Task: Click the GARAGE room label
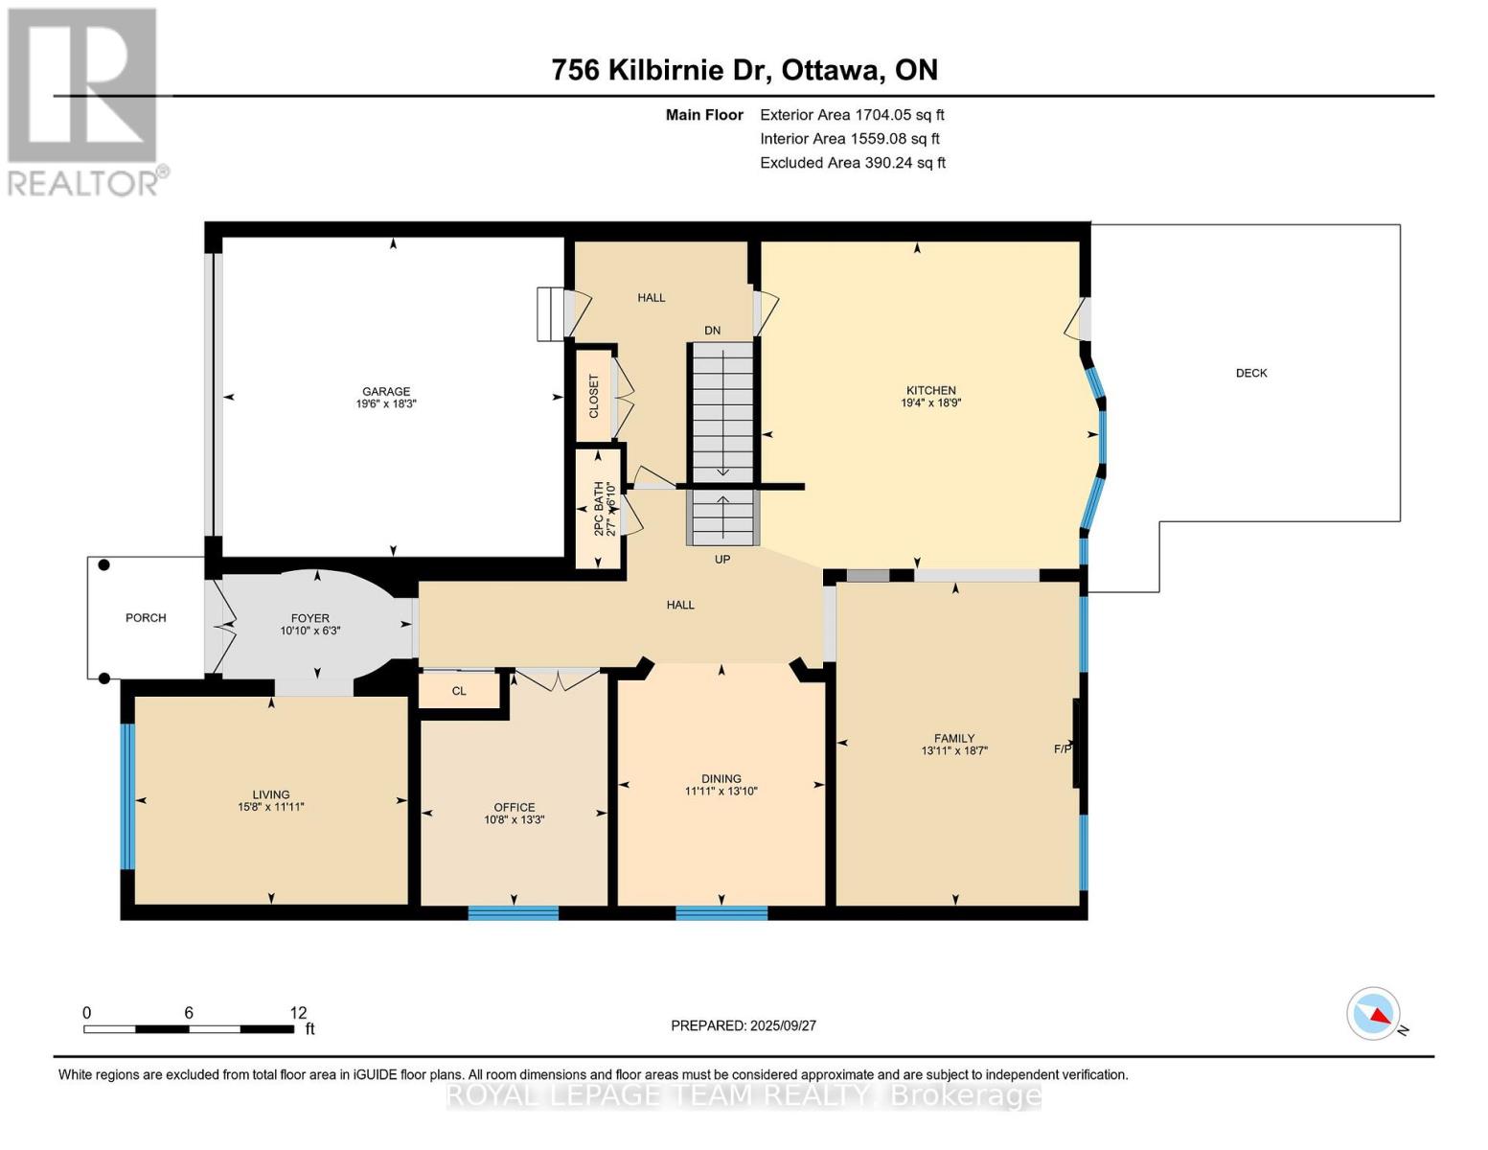pos(386,392)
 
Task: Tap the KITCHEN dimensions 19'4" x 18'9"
pos(930,403)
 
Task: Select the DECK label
pos(1251,373)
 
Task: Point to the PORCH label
pos(146,618)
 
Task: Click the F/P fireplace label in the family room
pos(1062,749)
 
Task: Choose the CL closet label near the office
pos(459,691)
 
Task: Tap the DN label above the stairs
pos(712,330)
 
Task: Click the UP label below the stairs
pos(722,559)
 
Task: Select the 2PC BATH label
pos(599,508)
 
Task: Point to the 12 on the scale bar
pos(298,1012)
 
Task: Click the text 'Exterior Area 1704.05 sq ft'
pos(852,115)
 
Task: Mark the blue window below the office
pos(514,912)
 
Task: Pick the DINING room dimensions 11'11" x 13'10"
pos(721,791)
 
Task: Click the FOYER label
pos(310,618)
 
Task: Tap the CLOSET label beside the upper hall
pos(594,396)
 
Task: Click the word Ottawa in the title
pos(832,70)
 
